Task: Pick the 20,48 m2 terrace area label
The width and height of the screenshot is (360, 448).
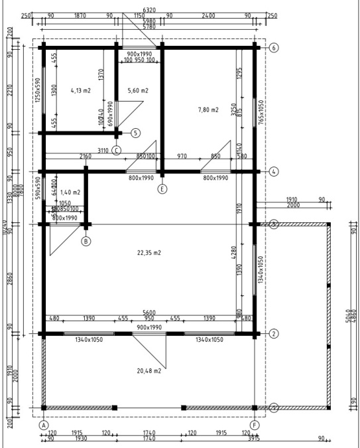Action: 149,371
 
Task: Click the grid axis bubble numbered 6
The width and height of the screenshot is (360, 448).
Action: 274,48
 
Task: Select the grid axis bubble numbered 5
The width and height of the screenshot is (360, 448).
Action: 136,133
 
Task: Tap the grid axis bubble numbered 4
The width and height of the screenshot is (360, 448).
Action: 274,171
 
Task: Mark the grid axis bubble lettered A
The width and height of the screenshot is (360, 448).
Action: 44,424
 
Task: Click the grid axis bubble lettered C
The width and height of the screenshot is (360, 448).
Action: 117,150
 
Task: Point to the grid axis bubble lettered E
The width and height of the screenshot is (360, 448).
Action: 162,188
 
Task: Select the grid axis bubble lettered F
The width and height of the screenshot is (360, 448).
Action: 255,424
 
